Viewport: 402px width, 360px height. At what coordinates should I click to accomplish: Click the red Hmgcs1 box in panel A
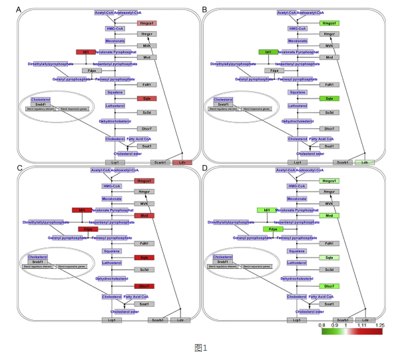[x=146, y=23]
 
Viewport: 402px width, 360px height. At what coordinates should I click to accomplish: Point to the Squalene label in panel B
[x=298, y=92]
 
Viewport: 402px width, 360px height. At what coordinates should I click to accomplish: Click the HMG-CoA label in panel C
[x=111, y=186]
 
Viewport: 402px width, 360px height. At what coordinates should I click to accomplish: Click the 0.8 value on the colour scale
[x=321, y=325]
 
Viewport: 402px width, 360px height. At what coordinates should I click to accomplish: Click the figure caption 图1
[x=201, y=347]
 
